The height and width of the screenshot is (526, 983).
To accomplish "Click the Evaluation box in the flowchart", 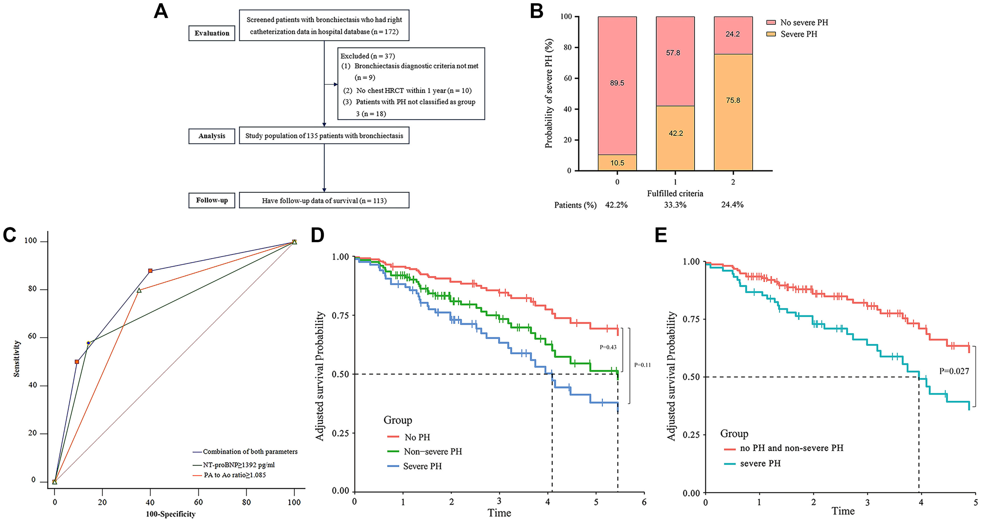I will (212, 33).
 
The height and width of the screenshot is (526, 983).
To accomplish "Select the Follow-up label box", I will (212, 200).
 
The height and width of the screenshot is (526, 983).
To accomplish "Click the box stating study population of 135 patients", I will (324, 135).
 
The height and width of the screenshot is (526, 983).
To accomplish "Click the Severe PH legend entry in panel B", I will (798, 34).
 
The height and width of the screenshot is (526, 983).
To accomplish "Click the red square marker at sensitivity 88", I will (150, 271).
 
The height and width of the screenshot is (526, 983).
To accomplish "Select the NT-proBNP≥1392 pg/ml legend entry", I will (239, 465).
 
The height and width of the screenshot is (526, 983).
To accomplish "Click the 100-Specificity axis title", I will (171, 514).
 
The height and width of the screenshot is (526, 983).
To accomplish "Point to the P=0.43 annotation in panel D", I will (608, 347).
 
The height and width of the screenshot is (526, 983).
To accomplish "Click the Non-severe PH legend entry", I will (432, 451).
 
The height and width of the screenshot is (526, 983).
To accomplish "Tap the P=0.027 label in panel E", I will (954, 371).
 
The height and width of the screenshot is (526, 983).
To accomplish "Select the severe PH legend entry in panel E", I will (760, 463).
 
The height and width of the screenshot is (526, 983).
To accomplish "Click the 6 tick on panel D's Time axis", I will (644, 502).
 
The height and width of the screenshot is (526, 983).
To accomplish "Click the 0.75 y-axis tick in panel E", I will (691, 319).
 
